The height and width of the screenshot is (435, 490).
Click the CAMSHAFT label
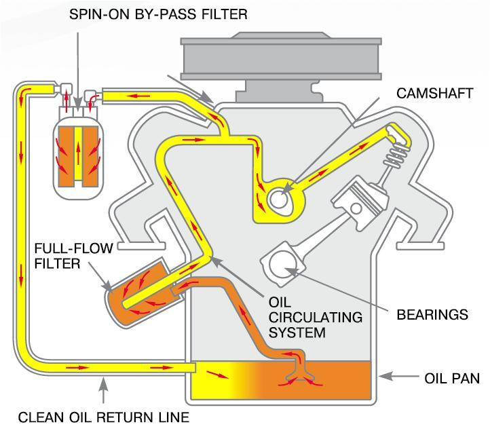coord(434,94)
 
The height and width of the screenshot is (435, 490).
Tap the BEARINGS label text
coord(432,315)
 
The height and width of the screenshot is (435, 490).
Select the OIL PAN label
coord(452,379)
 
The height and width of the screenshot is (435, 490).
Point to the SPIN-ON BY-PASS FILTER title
coord(158,14)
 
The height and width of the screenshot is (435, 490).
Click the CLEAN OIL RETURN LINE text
coord(104,417)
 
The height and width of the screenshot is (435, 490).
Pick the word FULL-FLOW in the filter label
coord(73,248)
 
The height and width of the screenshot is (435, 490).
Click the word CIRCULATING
coord(316,318)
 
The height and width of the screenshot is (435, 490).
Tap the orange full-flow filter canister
coord(139,294)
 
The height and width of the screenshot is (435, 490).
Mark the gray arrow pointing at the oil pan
coord(398,377)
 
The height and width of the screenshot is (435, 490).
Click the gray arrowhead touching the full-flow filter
coord(107,286)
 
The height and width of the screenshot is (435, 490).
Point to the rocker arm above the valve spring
coord(398,134)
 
